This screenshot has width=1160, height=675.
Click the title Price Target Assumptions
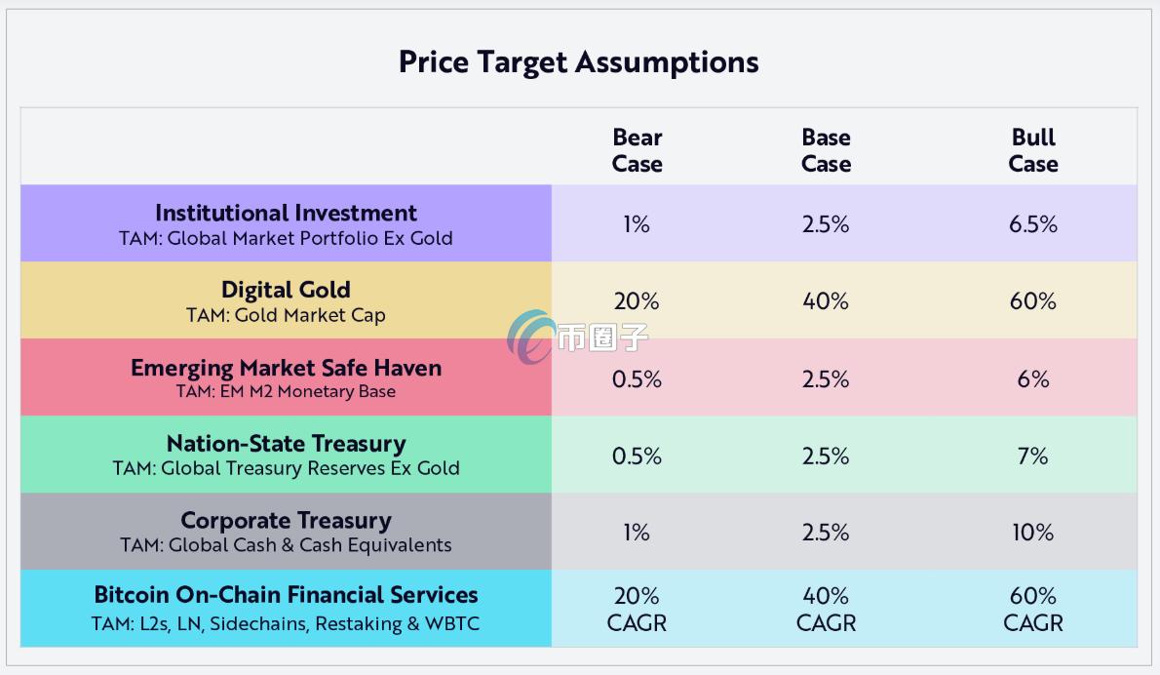(578, 62)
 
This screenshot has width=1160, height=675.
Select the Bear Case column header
(637, 150)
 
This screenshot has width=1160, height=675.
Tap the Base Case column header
(826, 150)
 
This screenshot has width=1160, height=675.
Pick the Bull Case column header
(1033, 150)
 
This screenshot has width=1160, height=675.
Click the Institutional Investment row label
(286, 214)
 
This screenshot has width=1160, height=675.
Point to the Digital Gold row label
(286, 290)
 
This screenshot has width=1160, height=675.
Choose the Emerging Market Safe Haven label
(286, 368)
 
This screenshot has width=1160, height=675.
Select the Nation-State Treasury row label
(286, 444)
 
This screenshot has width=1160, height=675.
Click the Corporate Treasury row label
(286, 521)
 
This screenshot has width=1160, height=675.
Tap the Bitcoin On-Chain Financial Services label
(286, 595)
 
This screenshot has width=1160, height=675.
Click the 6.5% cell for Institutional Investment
(1033, 224)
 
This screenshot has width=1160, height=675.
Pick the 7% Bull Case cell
(1033, 456)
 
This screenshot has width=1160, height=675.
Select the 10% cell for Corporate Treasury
(1033, 533)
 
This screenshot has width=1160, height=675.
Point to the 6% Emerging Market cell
(1033, 378)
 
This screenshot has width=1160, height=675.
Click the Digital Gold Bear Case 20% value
(637, 301)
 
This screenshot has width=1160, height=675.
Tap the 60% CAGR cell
(1033, 609)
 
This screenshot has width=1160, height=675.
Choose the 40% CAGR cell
(826, 609)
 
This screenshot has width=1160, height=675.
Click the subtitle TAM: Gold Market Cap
(286, 315)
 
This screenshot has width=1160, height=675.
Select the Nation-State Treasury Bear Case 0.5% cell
(637, 456)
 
